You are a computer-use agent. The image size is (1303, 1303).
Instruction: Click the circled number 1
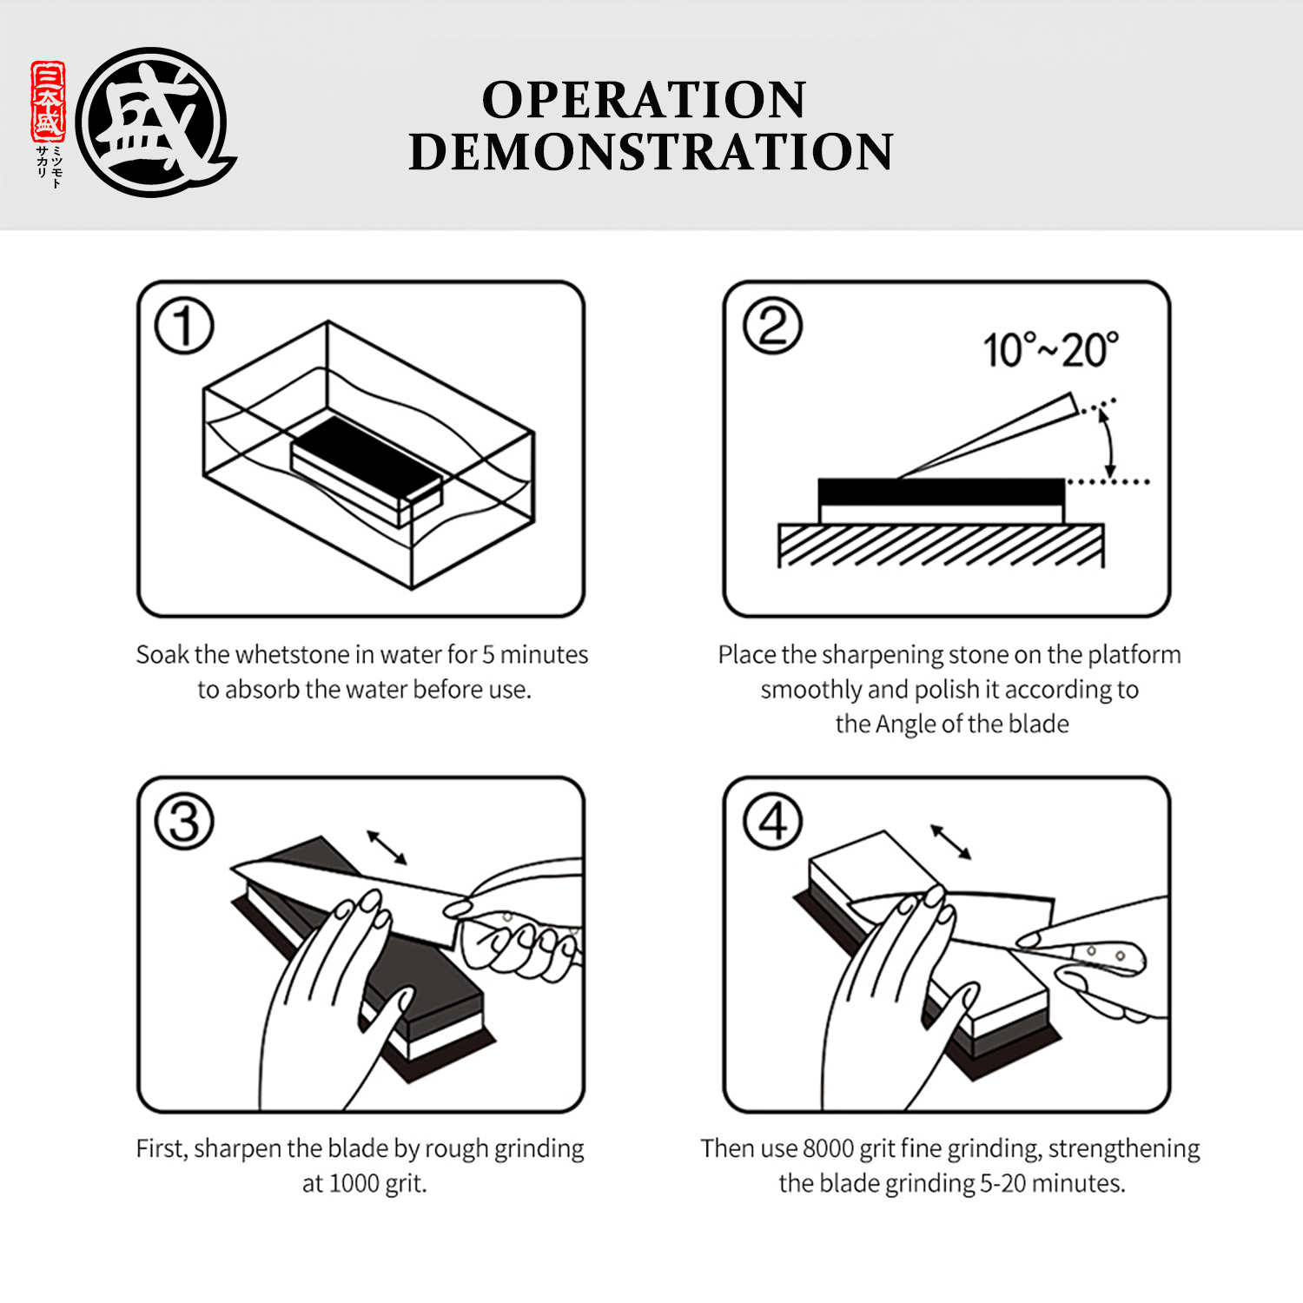point(184,326)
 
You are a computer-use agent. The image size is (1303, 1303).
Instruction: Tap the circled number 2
point(772,326)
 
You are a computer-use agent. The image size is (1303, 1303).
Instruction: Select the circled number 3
point(184,821)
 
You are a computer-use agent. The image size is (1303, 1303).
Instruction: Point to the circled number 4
point(772,821)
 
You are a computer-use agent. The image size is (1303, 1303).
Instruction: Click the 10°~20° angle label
point(1050,350)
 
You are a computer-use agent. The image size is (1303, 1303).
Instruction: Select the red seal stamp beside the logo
point(48,102)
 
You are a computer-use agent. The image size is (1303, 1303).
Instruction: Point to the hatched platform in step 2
point(941,545)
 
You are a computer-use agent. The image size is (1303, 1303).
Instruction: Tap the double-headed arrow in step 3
point(387,847)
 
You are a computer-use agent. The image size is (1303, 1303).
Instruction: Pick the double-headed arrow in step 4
point(951,842)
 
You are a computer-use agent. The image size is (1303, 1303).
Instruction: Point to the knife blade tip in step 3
point(233,866)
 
